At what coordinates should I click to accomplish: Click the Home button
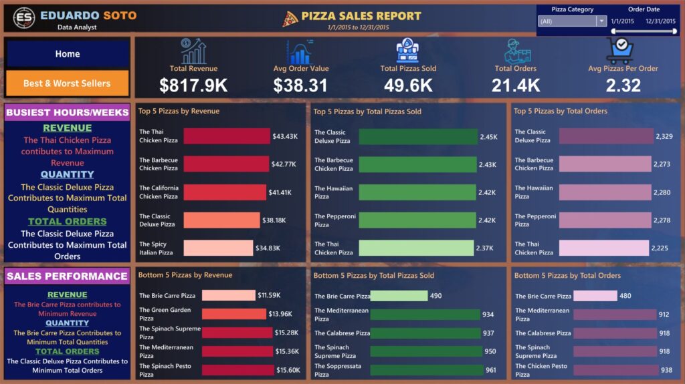coord(67,54)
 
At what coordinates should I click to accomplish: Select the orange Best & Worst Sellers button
coord(67,83)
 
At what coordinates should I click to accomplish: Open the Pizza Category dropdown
coord(572,21)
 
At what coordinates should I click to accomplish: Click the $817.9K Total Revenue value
coord(193,85)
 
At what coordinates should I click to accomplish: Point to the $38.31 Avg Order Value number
coord(300,85)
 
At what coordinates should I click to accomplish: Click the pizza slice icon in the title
coord(290,19)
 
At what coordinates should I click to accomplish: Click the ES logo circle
coord(25,19)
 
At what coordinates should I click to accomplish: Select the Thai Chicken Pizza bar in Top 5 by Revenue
coord(226,136)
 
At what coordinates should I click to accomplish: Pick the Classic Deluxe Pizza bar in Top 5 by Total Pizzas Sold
coord(418,136)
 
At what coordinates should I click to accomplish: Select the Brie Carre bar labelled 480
coord(595,296)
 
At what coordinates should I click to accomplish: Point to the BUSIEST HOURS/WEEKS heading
coord(67,113)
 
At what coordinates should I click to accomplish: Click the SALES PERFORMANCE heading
coord(67,276)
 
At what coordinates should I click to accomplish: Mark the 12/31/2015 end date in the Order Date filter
coord(660,21)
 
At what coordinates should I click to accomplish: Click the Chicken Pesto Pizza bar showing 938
coord(615,370)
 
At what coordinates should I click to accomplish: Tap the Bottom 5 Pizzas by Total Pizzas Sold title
coord(373,275)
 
